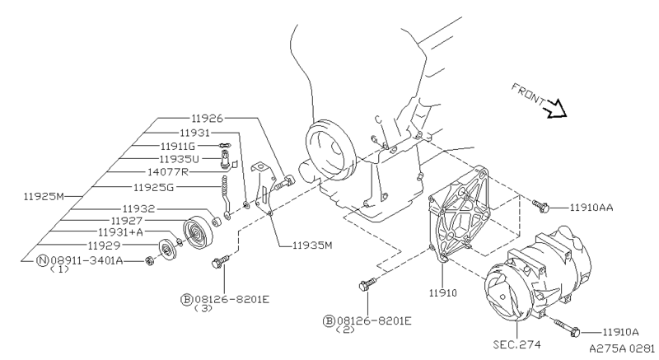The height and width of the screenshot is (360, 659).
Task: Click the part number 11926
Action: point(207,119)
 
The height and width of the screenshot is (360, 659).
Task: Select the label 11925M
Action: point(44,196)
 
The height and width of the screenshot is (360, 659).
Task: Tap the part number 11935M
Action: point(312,245)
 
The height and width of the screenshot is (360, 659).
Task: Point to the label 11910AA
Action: point(591,208)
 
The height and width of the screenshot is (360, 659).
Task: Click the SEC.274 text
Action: point(517,344)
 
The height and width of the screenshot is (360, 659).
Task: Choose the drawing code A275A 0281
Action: point(622,348)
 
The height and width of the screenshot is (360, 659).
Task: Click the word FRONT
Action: point(528,94)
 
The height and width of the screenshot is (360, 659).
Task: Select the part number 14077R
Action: point(168,172)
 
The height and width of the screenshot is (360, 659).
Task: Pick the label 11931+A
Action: point(120,231)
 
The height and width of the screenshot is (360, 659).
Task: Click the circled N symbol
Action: point(43,261)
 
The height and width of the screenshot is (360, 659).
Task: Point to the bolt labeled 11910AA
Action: point(540,205)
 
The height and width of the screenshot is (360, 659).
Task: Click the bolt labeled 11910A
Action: point(568,328)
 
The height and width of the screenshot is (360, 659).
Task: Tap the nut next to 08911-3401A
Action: point(148,261)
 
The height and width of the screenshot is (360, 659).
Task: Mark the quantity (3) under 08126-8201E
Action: point(203,308)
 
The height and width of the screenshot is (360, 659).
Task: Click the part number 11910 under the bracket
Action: point(442,292)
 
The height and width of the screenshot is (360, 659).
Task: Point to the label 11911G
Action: point(178,146)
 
